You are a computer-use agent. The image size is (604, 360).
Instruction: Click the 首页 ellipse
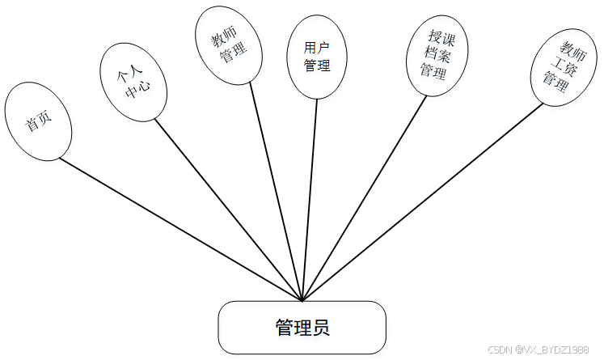point(37,122)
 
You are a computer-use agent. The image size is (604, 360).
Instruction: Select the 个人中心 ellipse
point(133,81)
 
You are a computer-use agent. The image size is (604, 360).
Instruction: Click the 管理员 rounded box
point(302,328)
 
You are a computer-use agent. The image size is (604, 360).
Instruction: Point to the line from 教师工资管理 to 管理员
point(420,202)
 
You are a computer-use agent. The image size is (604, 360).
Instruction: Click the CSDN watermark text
point(539,350)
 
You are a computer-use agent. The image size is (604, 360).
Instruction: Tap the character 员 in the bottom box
point(320,328)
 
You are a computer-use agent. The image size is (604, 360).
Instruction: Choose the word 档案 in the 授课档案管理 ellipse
point(437,54)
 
